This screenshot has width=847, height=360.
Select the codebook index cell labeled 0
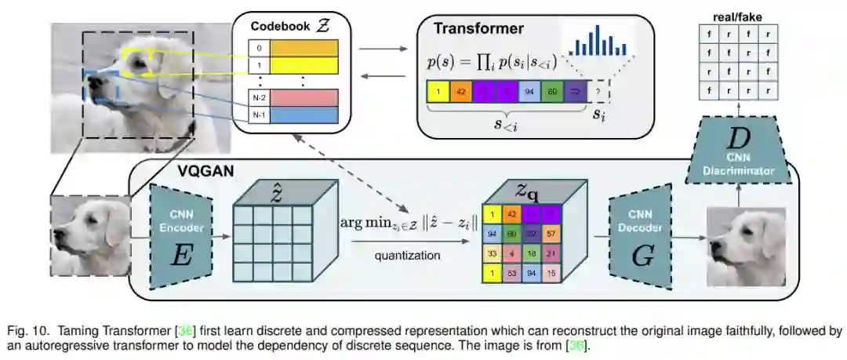[x=259, y=49]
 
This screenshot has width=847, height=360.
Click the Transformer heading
[x=479, y=30]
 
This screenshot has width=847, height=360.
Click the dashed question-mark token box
[x=600, y=93]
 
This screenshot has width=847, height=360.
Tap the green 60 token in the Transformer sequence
[x=553, y=92]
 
